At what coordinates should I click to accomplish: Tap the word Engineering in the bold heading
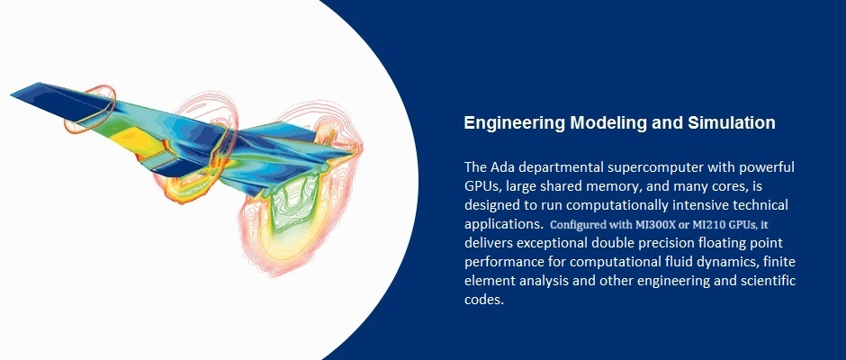[x=515, y=123]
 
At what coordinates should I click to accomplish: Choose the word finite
[x=779, y=262]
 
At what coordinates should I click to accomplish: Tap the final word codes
[x=484, y=300]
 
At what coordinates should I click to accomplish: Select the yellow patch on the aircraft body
[x=130, y=139]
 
